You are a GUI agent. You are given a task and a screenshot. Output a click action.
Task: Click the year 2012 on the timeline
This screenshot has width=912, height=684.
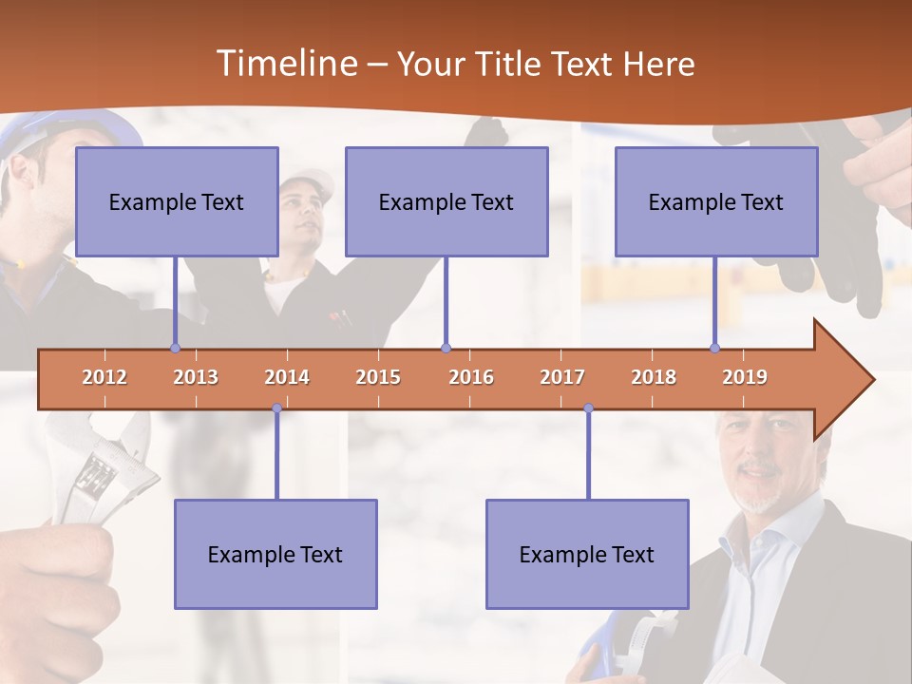(x=104, y=377)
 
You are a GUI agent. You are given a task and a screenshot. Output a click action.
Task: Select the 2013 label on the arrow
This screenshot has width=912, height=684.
(x=196, y=377)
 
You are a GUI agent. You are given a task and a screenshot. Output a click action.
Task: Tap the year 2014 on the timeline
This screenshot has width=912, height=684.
(x=287, y=377)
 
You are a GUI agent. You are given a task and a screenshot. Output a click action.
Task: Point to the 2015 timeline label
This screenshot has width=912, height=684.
(x=378, y=377)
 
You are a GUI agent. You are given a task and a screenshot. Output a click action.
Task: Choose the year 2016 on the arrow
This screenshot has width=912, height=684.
(x=471, y=377)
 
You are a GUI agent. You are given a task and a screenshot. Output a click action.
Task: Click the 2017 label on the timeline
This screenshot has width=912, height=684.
(x=562, y=377)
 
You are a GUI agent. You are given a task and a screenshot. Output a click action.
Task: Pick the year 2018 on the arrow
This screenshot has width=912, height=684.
(x=654, y=377)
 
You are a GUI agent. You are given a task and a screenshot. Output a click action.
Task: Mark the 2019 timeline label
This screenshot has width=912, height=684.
(x=745, y=377)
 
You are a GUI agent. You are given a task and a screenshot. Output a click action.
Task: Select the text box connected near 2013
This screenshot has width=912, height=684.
(x=177, y=201)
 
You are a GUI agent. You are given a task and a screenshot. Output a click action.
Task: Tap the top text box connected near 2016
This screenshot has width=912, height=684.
(x=446, y=201)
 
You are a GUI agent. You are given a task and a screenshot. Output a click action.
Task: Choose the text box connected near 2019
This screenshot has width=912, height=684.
(x=716, y=201)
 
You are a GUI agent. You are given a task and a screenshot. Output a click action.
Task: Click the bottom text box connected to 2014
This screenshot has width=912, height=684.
(x=275, y=554)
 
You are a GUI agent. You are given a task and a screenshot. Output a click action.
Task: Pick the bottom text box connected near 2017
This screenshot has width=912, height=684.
(x=587, y=554)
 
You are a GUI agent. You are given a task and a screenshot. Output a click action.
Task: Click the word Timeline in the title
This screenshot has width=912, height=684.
(x=285, y=64)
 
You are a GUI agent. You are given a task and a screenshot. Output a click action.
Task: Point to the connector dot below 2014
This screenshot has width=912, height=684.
(x=276, y=408)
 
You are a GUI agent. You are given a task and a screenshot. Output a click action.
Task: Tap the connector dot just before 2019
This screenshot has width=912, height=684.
(x=715, y=348)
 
